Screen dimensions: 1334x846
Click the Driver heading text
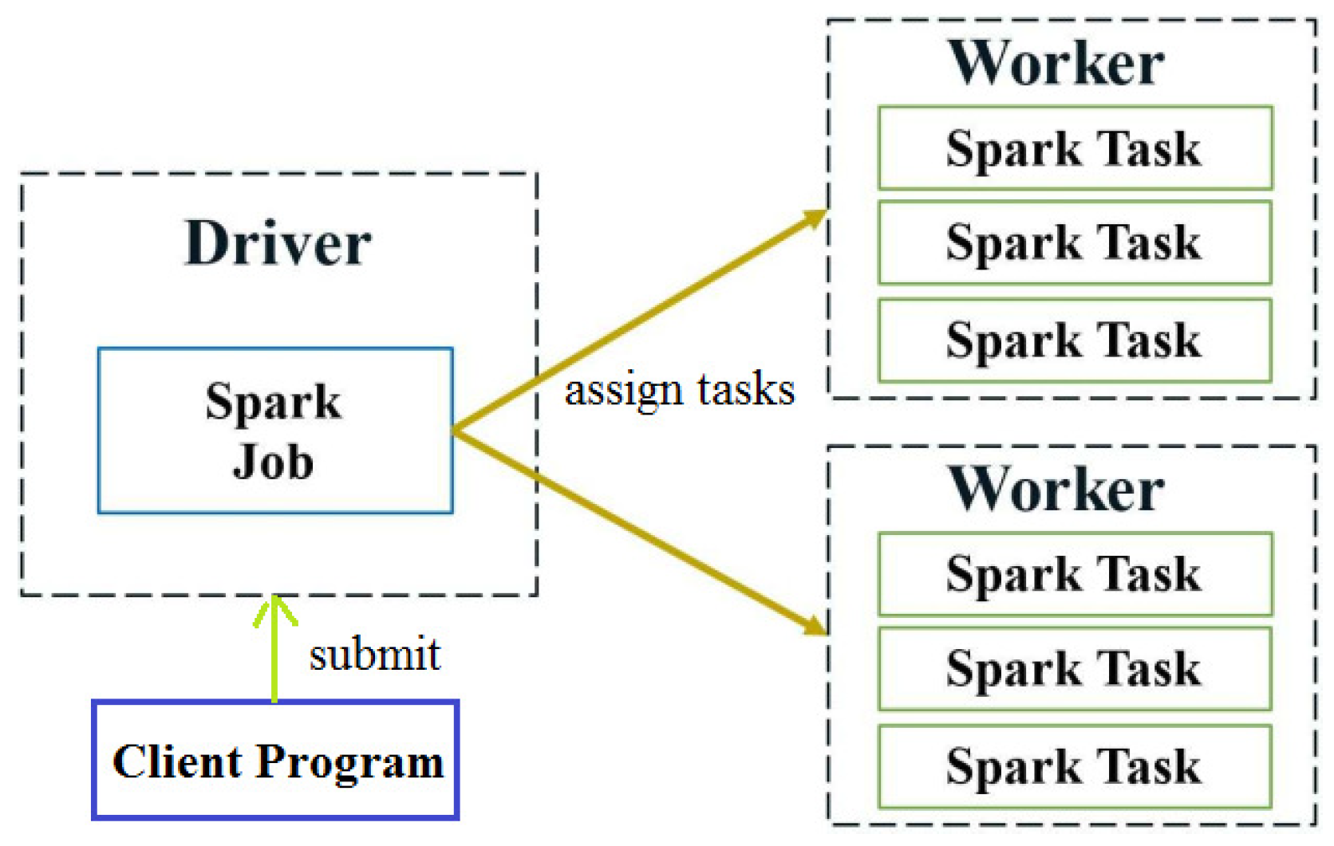point(278,243)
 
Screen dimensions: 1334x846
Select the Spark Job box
point(275,430)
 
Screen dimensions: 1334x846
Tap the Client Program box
point(275,760)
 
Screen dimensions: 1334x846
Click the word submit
point(375,654)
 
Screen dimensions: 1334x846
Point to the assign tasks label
point(680,390)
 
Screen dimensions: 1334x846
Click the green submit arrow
point(274,648)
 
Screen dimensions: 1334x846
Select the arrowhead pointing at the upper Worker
point(814,218)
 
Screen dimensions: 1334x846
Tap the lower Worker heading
point(1056,489)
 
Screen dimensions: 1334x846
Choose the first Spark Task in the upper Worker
point(1075,148)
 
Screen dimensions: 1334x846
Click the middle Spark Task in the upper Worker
point(1075,243)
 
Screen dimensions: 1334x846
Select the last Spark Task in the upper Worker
point(1075,340)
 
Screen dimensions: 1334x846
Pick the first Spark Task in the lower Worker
point(1075,575)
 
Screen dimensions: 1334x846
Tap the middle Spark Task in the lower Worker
point(1075,669)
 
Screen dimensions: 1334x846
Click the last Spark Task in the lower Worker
point(1075,767)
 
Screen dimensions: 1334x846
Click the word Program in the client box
point(350,763)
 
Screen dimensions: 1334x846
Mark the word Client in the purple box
point(177,760)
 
